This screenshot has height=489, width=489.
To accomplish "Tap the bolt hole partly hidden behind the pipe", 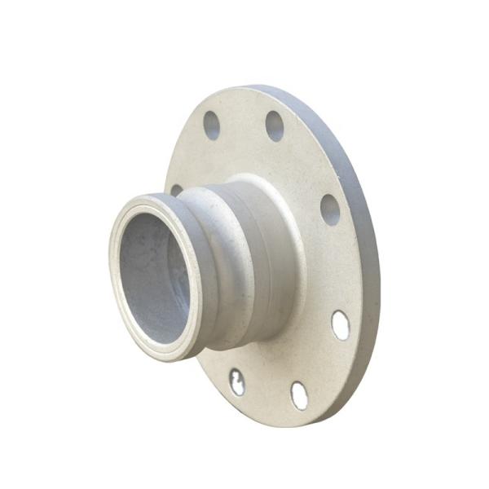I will (176, 190).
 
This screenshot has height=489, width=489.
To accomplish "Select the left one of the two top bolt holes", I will (212, 125).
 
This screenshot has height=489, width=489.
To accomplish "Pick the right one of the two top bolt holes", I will (275, 126).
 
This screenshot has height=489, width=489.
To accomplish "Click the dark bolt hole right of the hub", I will (330, 209).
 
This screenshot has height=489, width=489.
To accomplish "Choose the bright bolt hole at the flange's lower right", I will (341, 325).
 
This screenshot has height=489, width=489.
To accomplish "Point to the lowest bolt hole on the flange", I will (300, 395).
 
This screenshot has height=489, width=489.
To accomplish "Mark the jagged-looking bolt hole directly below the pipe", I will (236, 381).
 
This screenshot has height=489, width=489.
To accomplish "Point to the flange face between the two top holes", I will (243, 122).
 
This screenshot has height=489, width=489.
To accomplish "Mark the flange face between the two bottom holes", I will (267, 390).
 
